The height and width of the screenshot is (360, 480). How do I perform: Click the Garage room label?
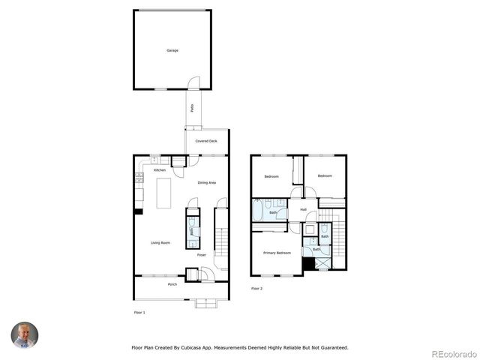(172, 50)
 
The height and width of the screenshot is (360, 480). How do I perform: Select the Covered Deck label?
(206, 141)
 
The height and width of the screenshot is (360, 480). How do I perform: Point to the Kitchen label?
(160, 170)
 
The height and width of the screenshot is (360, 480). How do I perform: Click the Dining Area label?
(207, 183)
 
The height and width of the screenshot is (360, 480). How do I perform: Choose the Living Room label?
(160, 242)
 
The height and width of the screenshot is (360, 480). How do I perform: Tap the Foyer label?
(202, 255)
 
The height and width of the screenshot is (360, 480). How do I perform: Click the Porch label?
(172, 285)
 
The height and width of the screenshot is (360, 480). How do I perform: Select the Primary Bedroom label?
(277, 253)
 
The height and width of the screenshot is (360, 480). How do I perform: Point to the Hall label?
(303, 210)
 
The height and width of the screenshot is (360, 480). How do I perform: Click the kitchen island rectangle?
(163, 193)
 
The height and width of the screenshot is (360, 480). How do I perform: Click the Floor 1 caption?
(139, 312)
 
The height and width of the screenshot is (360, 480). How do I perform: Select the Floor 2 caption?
(256, 288)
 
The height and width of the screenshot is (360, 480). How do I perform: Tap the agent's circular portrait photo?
(24, 334)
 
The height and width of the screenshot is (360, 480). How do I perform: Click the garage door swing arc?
(194, 81)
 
